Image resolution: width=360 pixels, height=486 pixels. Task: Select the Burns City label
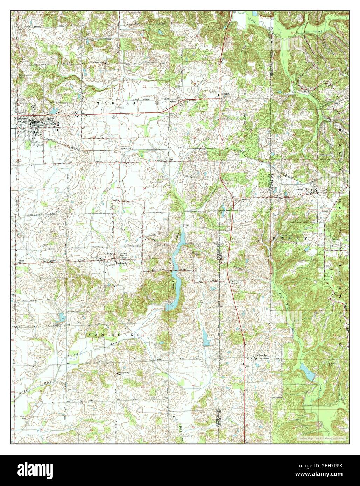(302, 189)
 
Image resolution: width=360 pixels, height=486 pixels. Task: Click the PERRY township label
(290, 238)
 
